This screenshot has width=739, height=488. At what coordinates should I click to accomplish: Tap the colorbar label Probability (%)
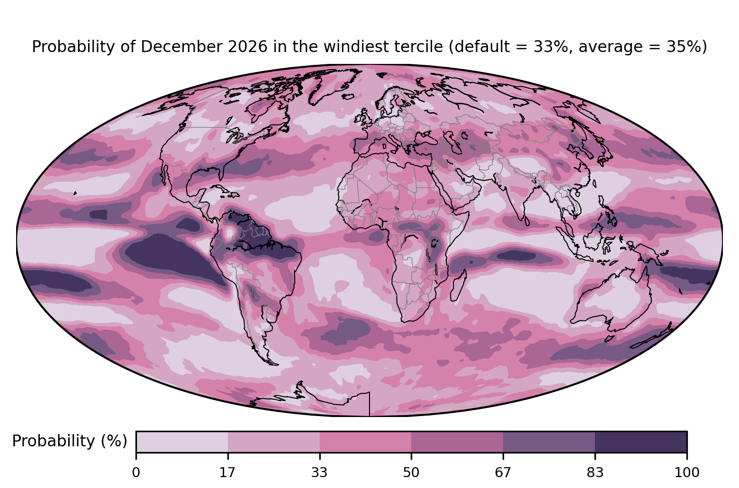point(70,441)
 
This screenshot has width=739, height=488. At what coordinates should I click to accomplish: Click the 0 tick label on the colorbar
point(136,473)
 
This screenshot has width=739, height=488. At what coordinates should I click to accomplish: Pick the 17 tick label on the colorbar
point(228,473)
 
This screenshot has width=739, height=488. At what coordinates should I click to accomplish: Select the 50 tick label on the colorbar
point(411,473)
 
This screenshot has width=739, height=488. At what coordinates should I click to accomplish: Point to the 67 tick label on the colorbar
point(503,473)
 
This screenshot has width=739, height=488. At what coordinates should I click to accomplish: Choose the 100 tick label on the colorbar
point(687,473)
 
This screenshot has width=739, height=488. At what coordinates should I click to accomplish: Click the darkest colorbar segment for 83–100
point(641,442)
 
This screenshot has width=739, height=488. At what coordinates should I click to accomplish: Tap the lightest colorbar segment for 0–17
point(182,442)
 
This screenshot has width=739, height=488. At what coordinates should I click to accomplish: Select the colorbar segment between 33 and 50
point(366,442)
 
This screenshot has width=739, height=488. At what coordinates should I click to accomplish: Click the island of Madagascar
point(458,286)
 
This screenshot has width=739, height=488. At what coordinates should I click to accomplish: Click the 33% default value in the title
point(554,47)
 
